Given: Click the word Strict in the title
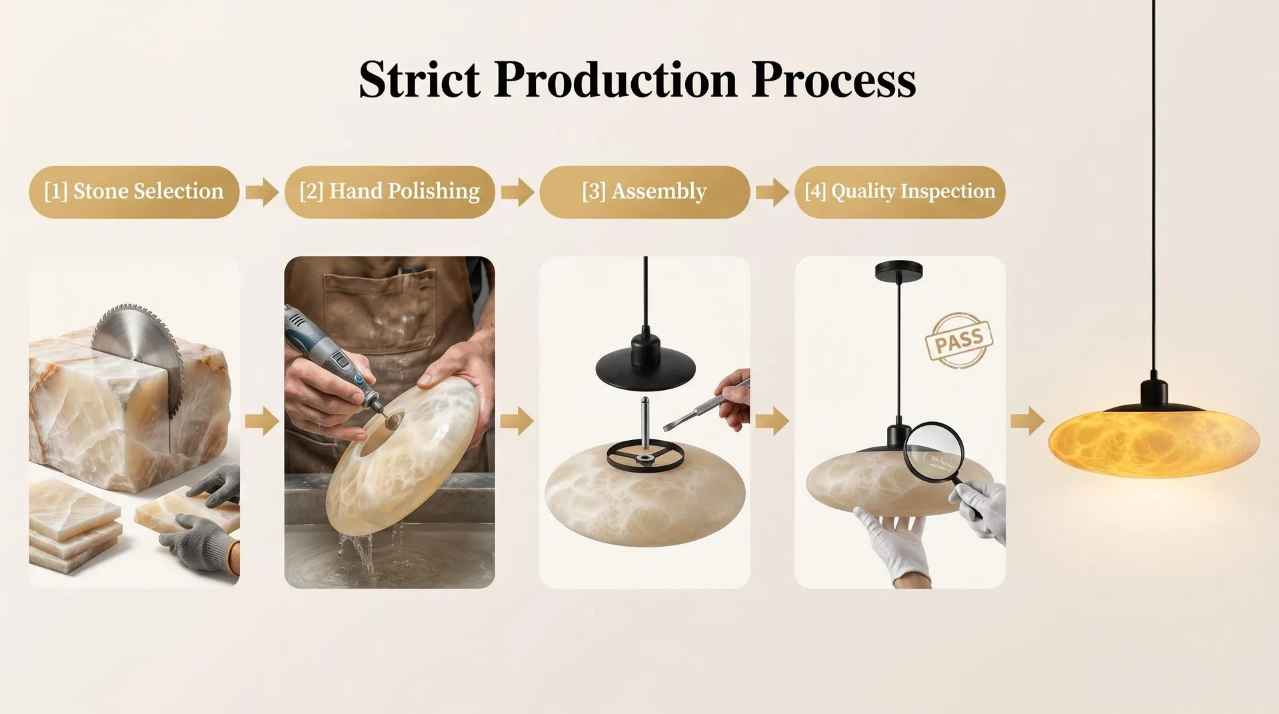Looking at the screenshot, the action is [x=419, y=79].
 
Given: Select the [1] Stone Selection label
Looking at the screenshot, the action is [x=134, y=192].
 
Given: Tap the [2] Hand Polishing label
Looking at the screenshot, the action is [x=389, y=192].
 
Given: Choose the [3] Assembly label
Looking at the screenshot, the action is [x=644, y=192].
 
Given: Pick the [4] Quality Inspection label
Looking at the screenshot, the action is [x=900, y=192].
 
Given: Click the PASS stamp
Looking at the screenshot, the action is [x=959, y=341].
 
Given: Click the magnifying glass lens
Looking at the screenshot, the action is [x=933, y=451].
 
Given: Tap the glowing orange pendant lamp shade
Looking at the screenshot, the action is [x=1154, y=443].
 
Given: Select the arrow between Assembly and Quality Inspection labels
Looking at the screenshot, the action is [x=772, y=193].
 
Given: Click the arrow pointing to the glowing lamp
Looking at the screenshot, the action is [x=1027, y=421].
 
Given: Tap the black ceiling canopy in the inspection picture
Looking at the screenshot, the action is [x=898, y=270].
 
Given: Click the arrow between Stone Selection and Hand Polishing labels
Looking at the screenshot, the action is [x=262, y=193].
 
